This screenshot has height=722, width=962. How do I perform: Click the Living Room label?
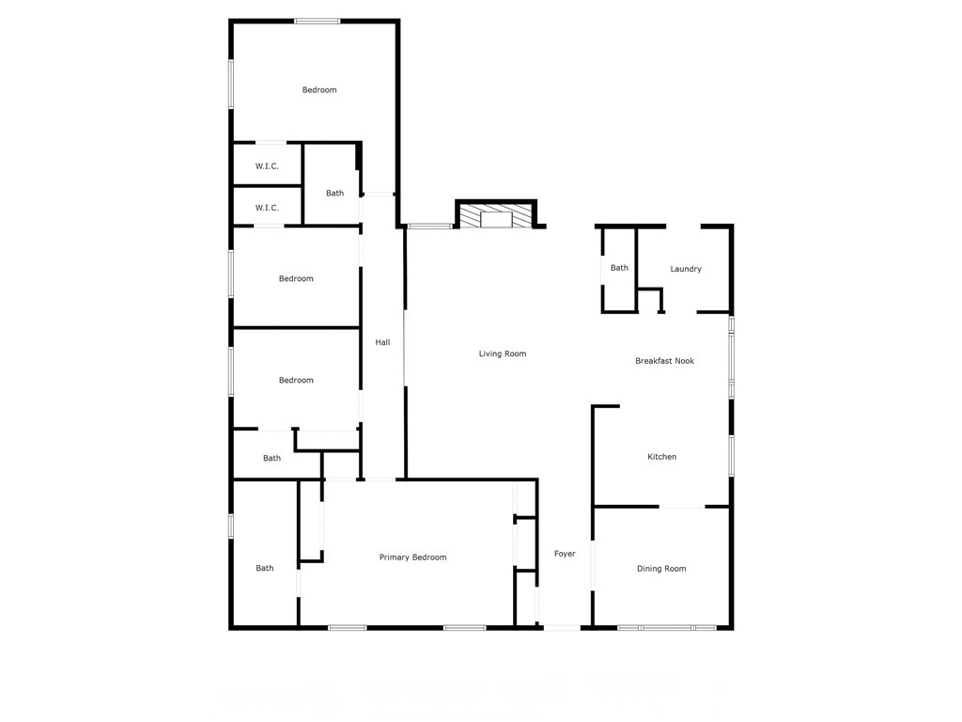503,354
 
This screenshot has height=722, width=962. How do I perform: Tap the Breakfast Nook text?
664,361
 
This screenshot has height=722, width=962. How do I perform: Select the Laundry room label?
686,270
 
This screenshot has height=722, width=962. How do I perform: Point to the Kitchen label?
661,458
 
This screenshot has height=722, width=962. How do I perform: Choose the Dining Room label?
661,569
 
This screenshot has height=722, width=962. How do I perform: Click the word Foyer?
564,555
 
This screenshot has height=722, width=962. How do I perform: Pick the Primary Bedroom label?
412,557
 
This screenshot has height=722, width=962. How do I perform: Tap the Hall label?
382,343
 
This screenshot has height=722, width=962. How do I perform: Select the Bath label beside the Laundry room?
619,269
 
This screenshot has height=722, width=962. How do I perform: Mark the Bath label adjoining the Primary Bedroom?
265,568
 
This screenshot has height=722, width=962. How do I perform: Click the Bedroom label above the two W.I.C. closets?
319,90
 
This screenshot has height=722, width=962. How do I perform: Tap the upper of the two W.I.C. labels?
267,166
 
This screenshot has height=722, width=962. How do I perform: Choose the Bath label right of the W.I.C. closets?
334,194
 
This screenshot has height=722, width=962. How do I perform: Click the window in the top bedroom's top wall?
317,21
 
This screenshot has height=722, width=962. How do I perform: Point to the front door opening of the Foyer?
562,627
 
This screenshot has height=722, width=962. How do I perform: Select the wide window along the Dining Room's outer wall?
667,627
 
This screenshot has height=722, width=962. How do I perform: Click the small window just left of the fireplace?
429,226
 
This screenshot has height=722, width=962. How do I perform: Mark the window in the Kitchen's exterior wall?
731,456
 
